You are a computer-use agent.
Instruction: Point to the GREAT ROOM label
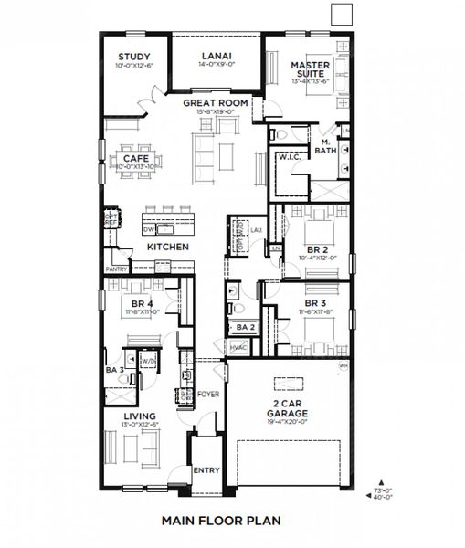[x=216, y=104]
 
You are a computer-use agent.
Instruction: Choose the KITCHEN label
[x=168, y=248]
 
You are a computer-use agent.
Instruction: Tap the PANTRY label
[x=116, y=269]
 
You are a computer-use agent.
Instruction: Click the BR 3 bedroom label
[x=316, y=302]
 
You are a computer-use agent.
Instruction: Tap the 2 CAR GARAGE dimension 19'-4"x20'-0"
[x=287, y=423]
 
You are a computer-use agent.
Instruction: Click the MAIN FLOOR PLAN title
[x=220, y=522]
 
